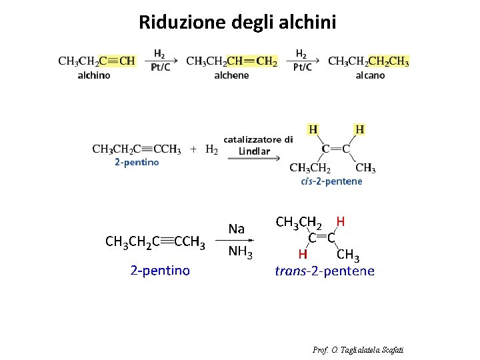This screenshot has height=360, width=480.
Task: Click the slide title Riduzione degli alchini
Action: point(237,23)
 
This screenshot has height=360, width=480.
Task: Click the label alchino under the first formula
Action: point(94,75)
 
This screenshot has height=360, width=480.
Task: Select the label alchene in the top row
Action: point(231,75)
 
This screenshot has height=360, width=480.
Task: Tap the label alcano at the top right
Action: point(370,75)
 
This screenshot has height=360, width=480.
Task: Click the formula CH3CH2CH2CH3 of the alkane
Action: point(369,61)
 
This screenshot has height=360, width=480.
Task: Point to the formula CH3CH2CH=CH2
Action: point(231,61)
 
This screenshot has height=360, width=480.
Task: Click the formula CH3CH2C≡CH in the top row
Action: point(97,61)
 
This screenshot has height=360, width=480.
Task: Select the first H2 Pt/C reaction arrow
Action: point(160,61)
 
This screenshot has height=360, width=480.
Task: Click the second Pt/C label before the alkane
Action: point(302,67)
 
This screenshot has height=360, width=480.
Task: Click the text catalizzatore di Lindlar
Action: point(257,145)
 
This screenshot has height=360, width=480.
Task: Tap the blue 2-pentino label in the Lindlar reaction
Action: point(137,162)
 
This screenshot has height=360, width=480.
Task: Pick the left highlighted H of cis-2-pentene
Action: point(312,129)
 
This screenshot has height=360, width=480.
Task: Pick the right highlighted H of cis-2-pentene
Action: point(359,129)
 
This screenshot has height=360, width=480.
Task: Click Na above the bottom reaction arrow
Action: point(237,229)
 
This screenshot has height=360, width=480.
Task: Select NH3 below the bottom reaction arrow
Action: point(240,252)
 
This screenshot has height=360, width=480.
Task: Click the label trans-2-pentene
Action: point(325,271)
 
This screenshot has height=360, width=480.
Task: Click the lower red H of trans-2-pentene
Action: point(303,254)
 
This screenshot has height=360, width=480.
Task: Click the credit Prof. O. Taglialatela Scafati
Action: point(358,350)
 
